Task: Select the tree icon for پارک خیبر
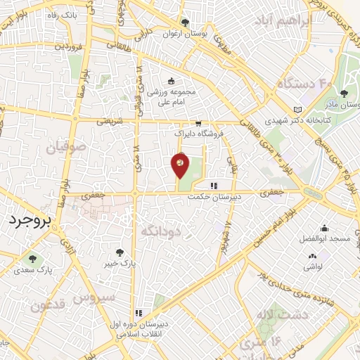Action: click(x=121, y=252)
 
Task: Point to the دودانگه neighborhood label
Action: click(x=161, y=231)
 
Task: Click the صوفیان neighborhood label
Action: click(x=66, y=148)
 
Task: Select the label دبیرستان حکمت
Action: click(x=214, y=198)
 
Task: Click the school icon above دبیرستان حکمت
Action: click(x=213, y=186)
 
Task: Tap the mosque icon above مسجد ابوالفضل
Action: click(x=324, y=228)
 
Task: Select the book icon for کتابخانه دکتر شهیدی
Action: click(x=300, y=109)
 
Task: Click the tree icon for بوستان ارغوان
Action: click(x=184, y=22)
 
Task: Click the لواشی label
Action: click(x=312, y=266)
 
